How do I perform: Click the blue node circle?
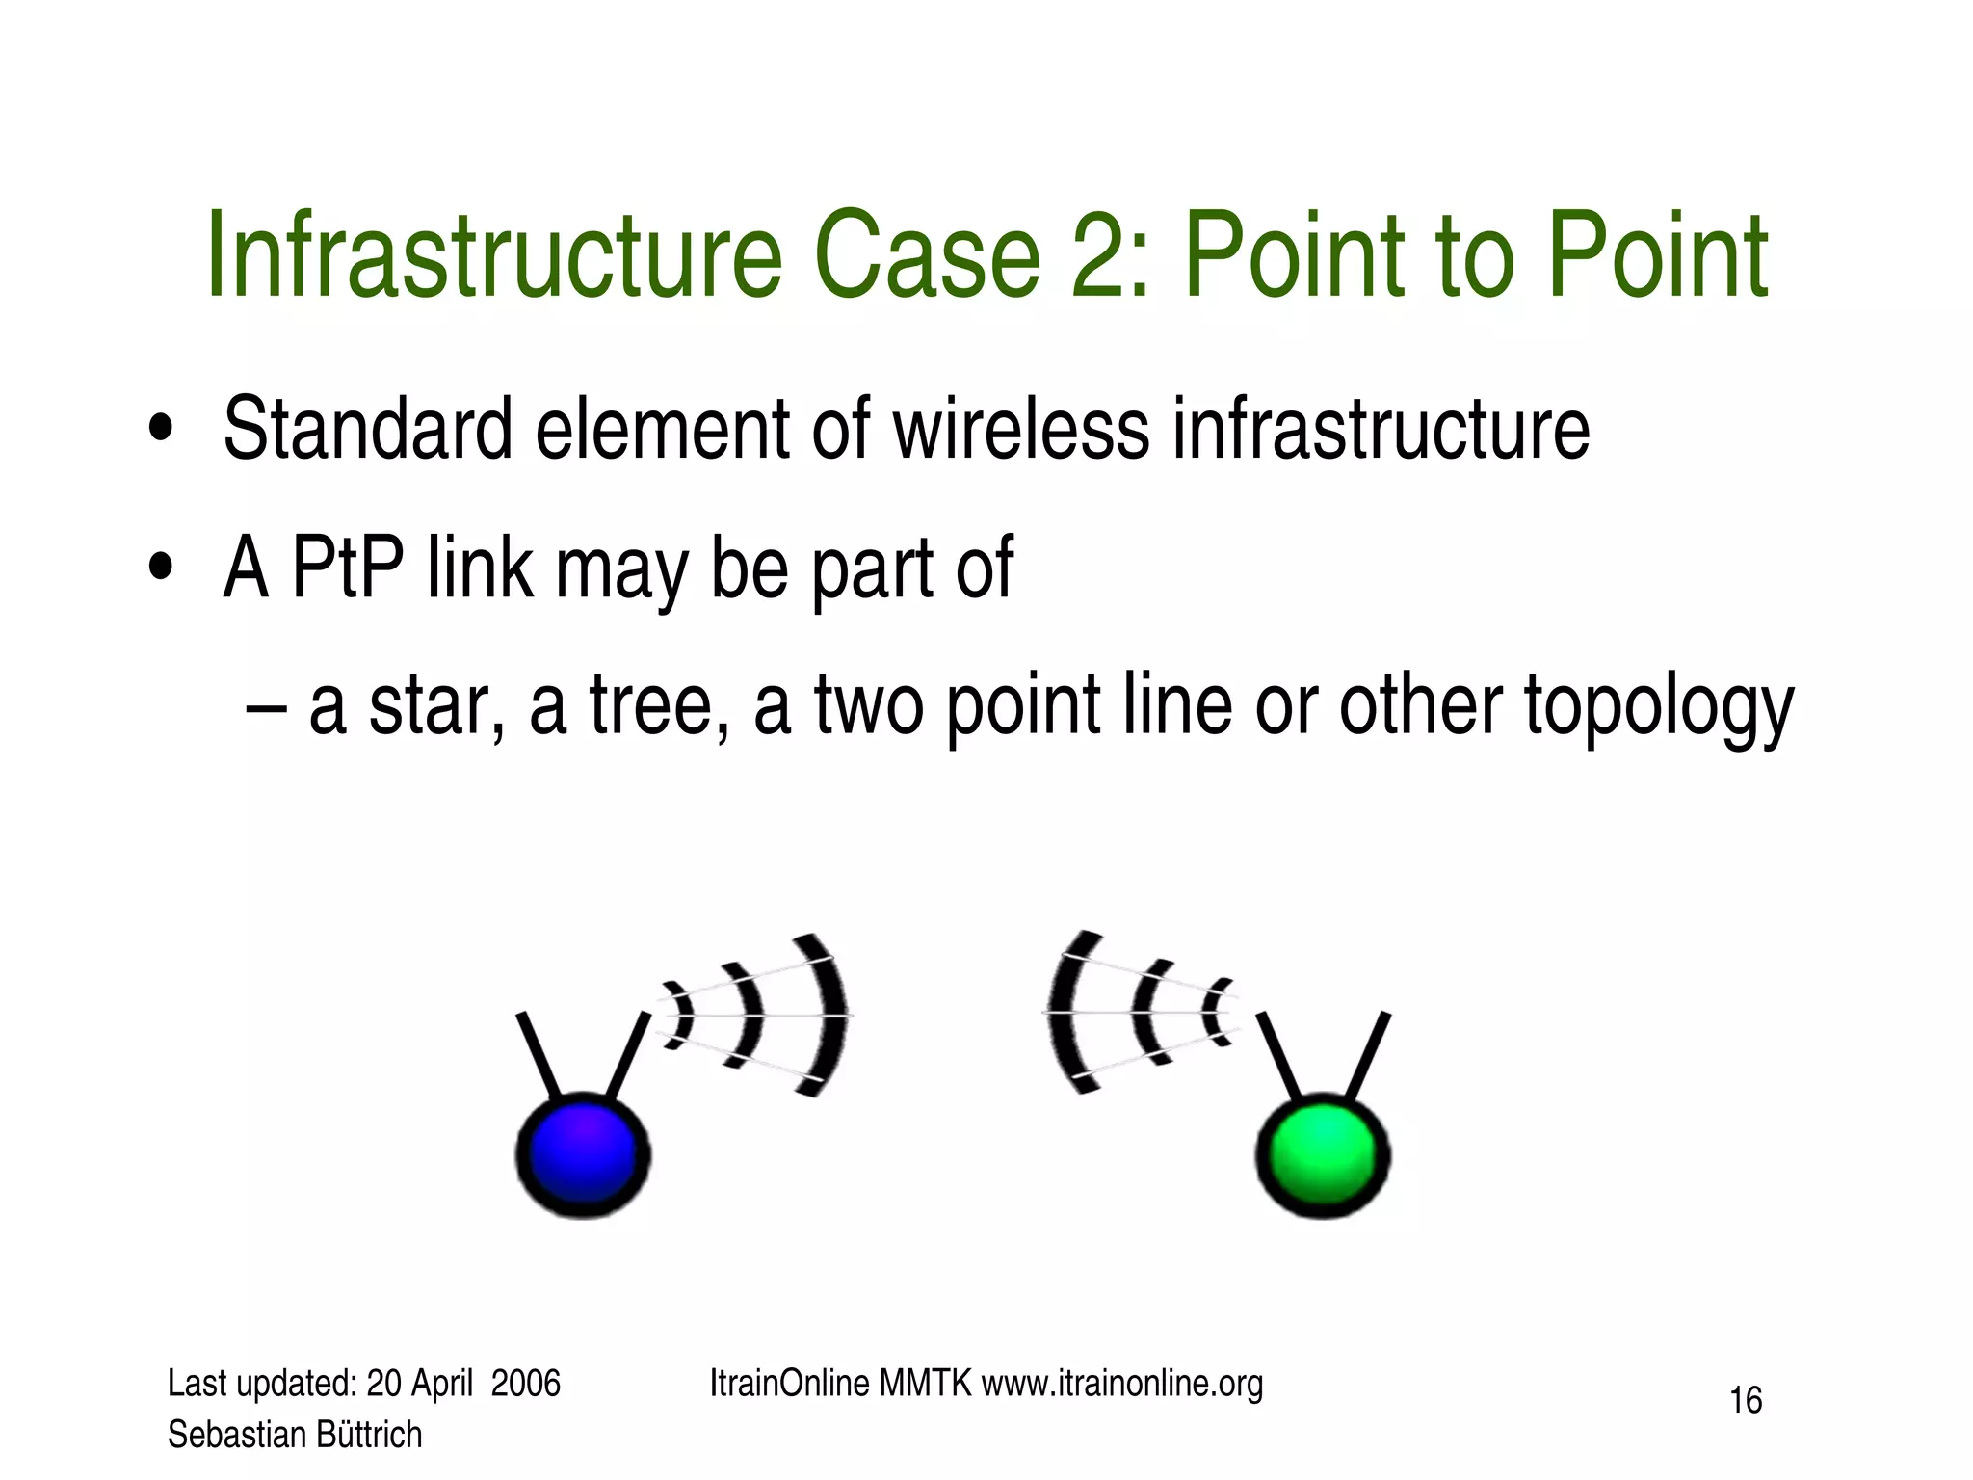(x=583, y=1154)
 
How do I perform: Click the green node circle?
(x=1323, y=1154)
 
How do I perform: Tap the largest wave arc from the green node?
(x=1065, y=1012)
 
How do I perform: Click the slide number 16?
(x=1746, y=1400)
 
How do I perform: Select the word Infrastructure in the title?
(x=493, y=256)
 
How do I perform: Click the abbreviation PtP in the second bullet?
(x=347, y=568)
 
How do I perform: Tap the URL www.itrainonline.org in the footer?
(x=1121, y=1384)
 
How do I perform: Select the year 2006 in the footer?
(x=525, y=1384)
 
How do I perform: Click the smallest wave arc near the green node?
(x=1217, y=1012)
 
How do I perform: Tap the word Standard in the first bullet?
(x=367, y=430)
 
